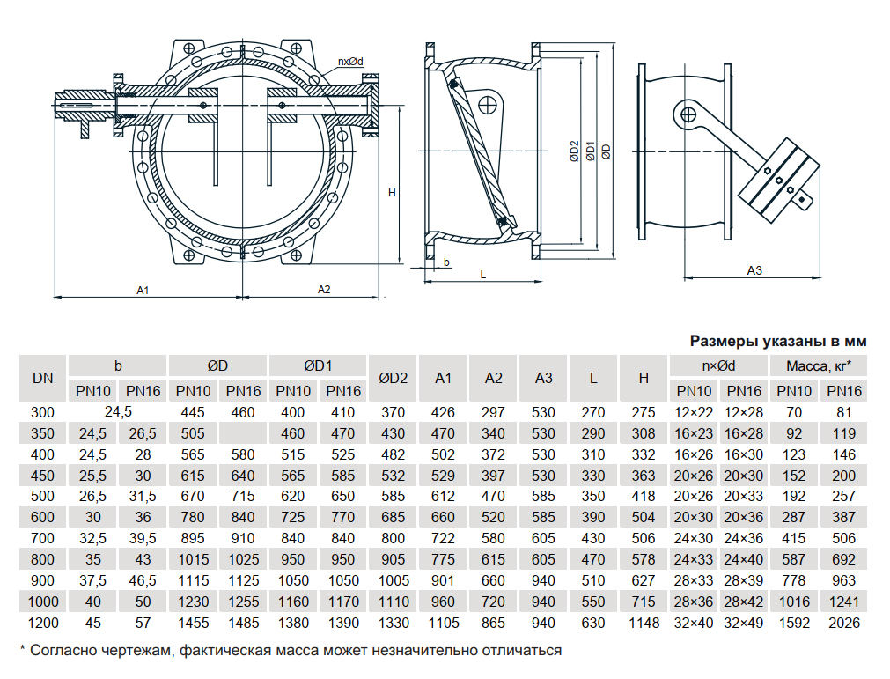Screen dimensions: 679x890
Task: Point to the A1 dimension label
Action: point(143,289)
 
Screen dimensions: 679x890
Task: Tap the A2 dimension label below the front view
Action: point(323,289)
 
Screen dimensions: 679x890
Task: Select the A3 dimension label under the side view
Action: point(754,270)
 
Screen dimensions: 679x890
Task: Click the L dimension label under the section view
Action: point(483,274)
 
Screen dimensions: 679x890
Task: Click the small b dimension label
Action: point(447,262)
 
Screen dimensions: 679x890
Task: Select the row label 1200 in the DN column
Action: point(43,624)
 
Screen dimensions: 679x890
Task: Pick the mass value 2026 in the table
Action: point(844,624)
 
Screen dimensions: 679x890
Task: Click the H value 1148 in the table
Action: point(644,624)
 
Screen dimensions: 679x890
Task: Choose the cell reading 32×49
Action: point(744,624)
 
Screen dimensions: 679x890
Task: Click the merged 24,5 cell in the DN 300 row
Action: point(118,412)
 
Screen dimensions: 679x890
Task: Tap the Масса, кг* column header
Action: point(818,365)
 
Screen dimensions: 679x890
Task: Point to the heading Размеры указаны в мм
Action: point(778,341)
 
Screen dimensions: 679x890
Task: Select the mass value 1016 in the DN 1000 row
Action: point(793,602)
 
